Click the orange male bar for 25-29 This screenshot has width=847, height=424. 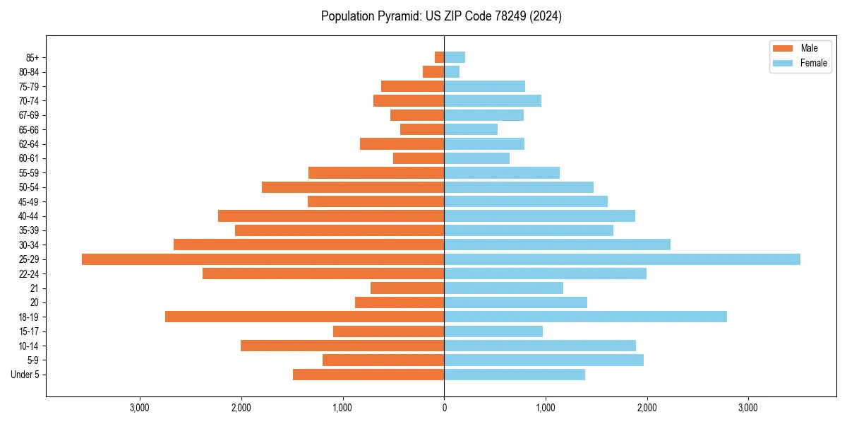click(263, 259)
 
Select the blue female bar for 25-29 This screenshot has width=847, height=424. click(622, 259)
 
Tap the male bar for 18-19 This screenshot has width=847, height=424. click(304, 317)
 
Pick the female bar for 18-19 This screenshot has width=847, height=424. click(585, 317)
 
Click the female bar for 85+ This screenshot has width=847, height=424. click(455, 57)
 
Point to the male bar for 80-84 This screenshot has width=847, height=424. click(433, 71)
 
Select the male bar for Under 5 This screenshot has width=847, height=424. click(368, 375)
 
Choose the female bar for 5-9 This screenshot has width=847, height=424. click(543, 360)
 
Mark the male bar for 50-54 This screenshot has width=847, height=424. click(353, 187)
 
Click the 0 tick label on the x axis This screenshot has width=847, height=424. click(444, 408)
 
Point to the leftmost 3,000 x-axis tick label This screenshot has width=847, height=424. click(140, 408)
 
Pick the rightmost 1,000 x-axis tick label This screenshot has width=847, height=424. click(545, 408)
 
